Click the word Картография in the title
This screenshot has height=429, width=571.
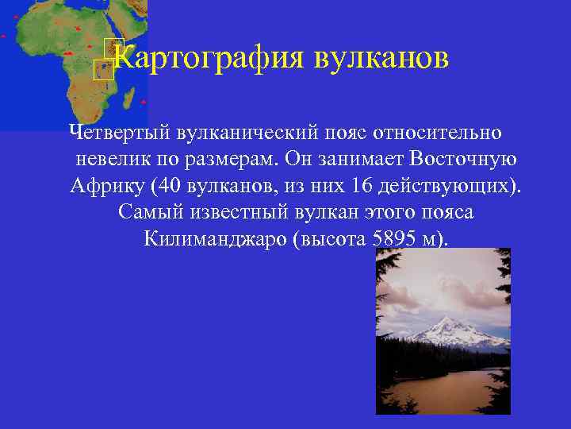point(209,57)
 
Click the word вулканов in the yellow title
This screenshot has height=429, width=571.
point(382,57)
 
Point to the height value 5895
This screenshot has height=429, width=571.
point(392,239)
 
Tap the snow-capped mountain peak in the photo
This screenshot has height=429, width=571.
point(446,323)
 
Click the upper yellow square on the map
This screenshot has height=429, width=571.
point(110,46)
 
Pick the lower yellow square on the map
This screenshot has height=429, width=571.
point(100,71)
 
